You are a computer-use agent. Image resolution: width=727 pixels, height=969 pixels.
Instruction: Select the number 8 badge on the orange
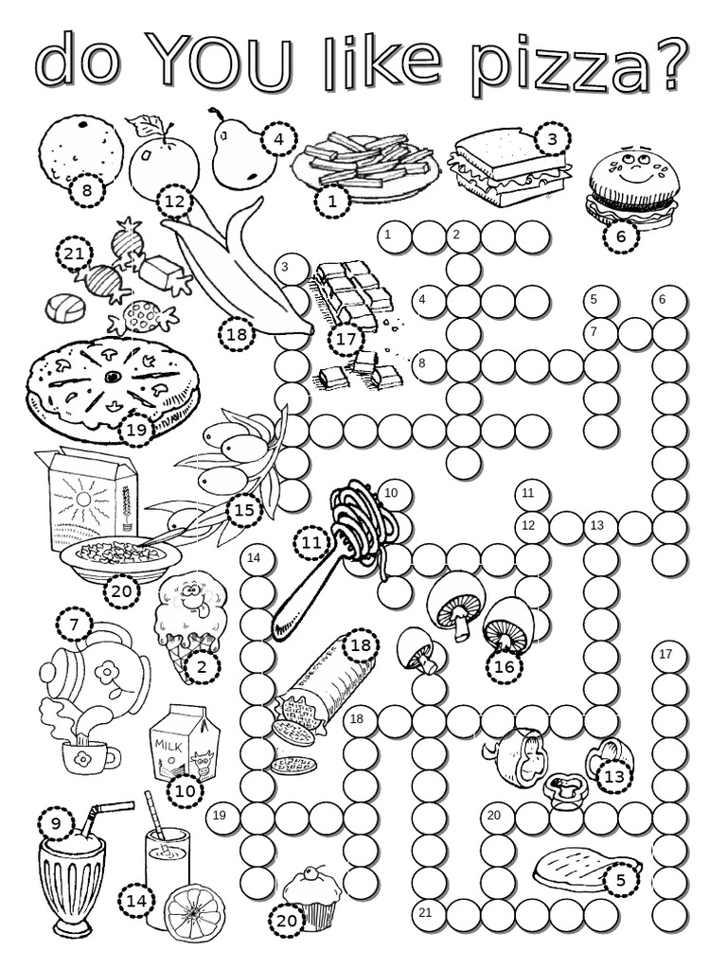(87, 191)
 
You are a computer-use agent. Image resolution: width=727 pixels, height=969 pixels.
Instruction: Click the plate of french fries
(364, 161)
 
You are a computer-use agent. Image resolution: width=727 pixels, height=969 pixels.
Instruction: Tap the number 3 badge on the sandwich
(550, 140)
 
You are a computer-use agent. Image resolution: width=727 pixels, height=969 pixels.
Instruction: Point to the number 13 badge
(614, 776)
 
